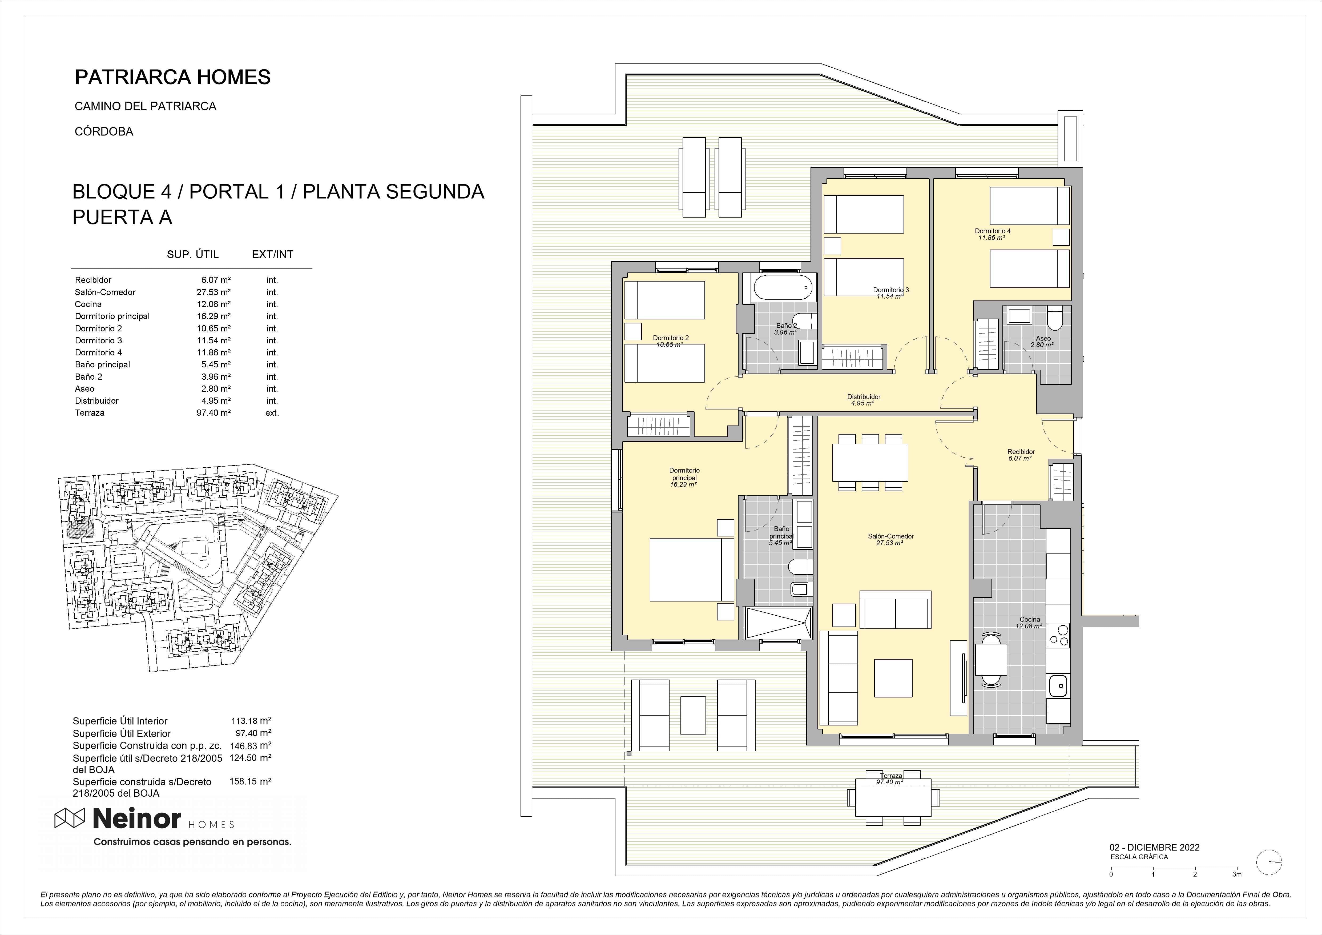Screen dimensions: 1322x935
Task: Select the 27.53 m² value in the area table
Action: (x=213, y=292)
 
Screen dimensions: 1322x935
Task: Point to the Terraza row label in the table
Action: (x=90, y=412)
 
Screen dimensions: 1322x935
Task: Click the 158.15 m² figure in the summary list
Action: (x=255, y=781)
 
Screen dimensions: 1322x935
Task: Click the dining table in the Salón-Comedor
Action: (x=870, y=463)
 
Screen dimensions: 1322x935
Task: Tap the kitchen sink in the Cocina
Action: (x=1058, y=685)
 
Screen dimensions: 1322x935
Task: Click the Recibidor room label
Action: (x=1021, y=452)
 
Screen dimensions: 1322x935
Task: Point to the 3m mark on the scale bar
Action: (x=1237, y=874)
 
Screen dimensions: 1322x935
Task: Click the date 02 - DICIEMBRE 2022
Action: (x=1154, y=848)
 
